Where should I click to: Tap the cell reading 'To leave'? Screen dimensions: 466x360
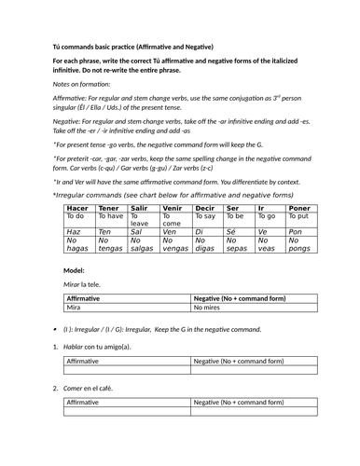point(140,220)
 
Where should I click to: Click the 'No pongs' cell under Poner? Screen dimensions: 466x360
point(299,244)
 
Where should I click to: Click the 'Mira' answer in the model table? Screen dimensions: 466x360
point(74,306)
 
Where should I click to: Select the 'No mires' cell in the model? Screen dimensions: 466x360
point(207,306)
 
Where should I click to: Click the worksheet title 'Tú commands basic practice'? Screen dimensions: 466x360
point(104,47)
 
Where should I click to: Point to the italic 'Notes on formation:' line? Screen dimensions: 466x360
point(80,84)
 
